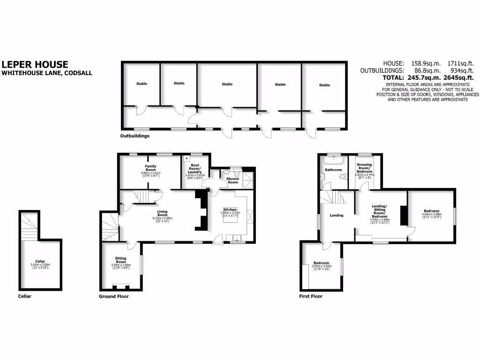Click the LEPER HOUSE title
(35, 65)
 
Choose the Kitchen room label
(230, 210)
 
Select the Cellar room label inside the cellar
(39, 262)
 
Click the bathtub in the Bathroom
(334, 158)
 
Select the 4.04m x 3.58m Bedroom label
(431, 211)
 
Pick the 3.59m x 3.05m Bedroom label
(322, 263)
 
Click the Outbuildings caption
(135, 136)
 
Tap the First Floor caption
(311, 296)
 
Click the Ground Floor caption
(113, 296)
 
